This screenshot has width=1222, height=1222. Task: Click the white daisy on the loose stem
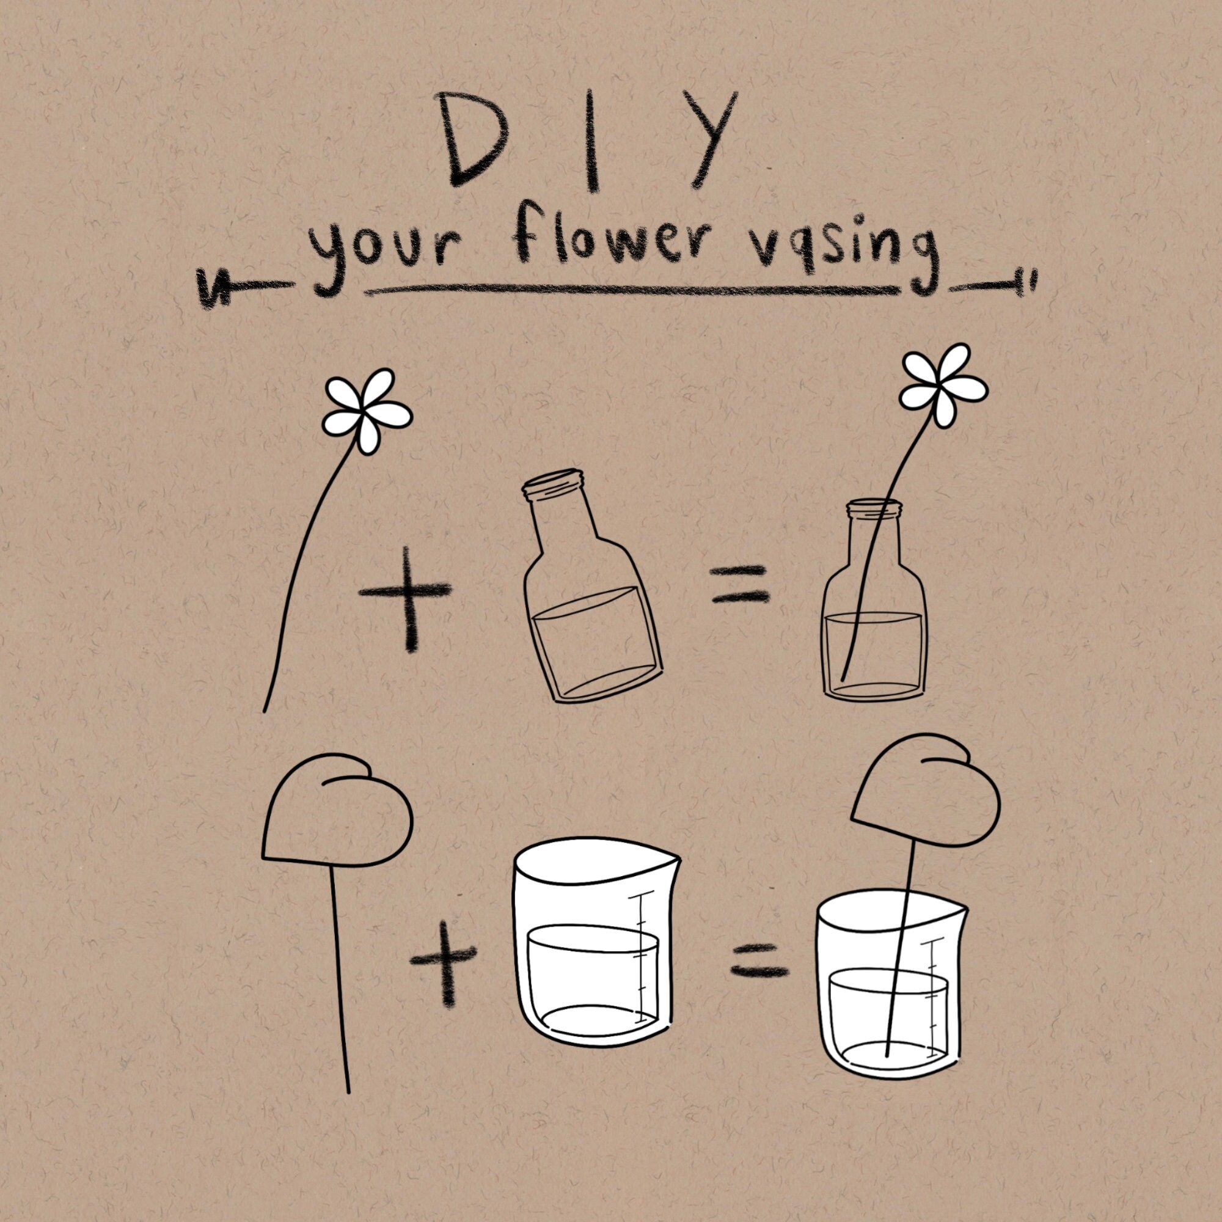(x=367, y=411)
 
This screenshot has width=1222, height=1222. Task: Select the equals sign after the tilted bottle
(x=740, y=584)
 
